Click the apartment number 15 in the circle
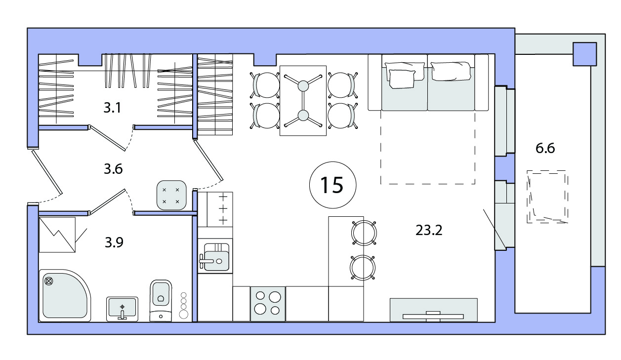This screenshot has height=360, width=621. pos(332,185)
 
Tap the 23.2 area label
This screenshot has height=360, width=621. pos(429,230)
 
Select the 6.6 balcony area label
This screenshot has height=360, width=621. pos(545,148)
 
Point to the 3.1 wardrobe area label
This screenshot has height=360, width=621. pos(112,108)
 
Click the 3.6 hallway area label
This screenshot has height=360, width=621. pos(113,169)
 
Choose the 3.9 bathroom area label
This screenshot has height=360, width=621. pos(114,242)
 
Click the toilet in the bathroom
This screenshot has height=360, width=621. pos(161,300)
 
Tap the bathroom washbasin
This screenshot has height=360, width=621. pos(122,309)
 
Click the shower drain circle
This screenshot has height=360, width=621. pos(48,281)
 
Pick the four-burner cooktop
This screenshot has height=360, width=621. pos(268,304)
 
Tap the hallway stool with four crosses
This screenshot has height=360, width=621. pos(171,195)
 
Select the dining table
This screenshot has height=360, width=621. pos(303,101)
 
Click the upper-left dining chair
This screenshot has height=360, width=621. pos(265,85)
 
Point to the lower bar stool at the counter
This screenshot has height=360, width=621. pos(363,268)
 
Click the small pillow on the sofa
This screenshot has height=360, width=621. pos(402,79)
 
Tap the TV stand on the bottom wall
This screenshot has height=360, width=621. pos(434,310)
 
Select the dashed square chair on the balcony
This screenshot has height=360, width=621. pos(547,197)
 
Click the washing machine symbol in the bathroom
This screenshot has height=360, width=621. pos(57,235)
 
